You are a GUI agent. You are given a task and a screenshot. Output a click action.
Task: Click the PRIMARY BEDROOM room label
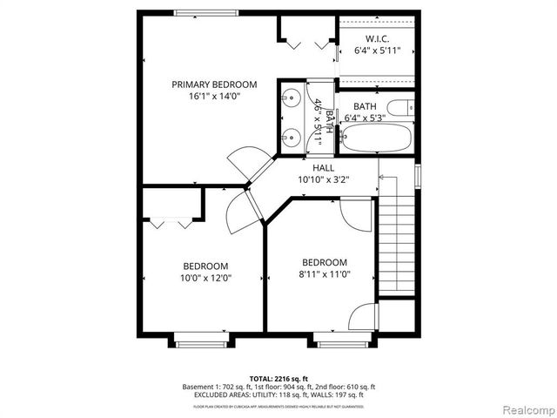click(x=214, y=84)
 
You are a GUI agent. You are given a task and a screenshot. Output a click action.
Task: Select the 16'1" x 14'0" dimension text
click(x=214, y=98)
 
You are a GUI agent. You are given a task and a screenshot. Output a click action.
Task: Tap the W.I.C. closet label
click(x=377, y=39)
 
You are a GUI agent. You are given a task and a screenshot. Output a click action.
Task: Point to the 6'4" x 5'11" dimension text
click(x=377, y=51)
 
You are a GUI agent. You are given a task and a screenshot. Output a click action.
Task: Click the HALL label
click(x=323, y=168)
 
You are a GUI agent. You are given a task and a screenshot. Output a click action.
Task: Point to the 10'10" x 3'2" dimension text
click(x=323, y=180)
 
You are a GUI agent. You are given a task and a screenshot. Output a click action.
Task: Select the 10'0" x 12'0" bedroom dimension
click(x=205, y=279)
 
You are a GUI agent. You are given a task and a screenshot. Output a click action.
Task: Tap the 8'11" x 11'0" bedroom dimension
click(x=325, y=275)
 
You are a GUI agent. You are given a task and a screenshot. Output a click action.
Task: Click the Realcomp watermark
click(x=525, y=408)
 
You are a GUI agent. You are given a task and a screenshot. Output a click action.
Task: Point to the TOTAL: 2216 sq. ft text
click(x=278, y=378)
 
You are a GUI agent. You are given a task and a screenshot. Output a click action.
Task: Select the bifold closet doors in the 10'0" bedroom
click(x=170, y=222)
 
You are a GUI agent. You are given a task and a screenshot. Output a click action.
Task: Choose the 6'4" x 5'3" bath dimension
click(x=365, y=118)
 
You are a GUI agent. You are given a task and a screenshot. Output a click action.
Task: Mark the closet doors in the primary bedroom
click(x=308, y=42)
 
